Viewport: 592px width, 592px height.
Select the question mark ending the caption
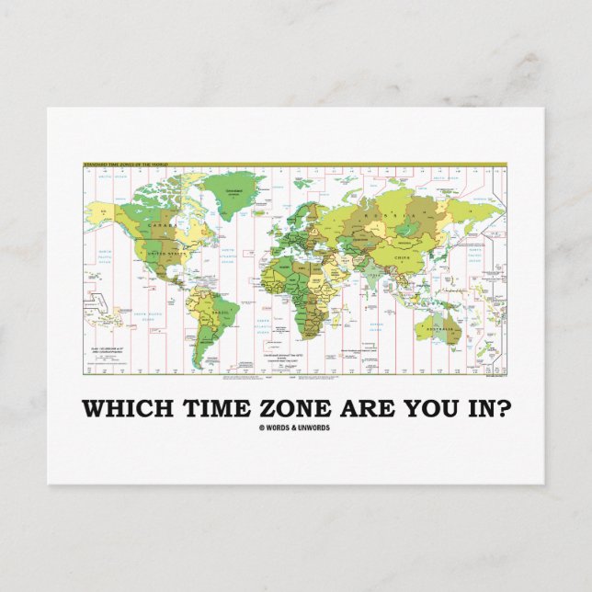[474, 406]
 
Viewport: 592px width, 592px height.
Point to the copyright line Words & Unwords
[295, 427]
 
